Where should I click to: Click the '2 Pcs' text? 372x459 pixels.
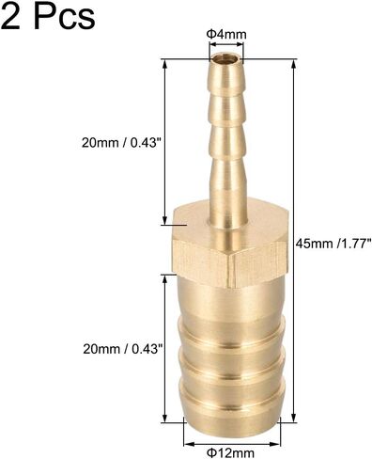click(x=48, y=15)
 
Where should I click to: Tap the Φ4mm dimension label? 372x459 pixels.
click(x=226, y=34)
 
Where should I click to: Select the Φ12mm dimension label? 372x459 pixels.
click(x=231, y=452)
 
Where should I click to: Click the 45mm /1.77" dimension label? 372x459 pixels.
click(x=333, y=244)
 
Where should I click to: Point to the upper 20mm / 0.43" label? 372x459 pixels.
click(x=123, y=143)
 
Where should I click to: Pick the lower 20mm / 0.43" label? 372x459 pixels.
click(x=124, y=349)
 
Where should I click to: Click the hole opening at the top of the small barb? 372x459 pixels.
click(x=225, y=59)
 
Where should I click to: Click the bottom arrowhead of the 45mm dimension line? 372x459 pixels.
click(x=293, y=417)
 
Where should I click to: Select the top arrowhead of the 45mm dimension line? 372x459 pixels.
click(x=293, y=65)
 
